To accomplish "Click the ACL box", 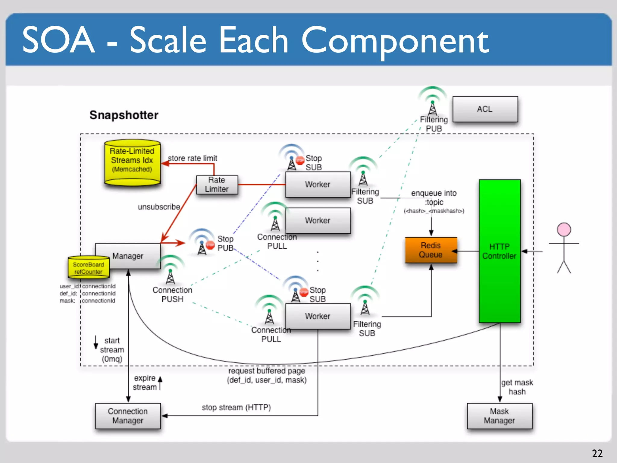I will click(x=485, y=109).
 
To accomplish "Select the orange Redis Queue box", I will click(x=431, y=250).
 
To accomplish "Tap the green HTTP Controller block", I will click(x=499, y=251).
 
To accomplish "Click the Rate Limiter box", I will click(x=217, y=184).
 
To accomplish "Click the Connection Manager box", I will click(x=128, y=416).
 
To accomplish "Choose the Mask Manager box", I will click(x=499, y=416).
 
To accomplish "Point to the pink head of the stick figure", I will click(x=564, y=230).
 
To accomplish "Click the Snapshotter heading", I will click(x=124, y=115).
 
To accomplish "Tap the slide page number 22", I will click(x=597, y=453).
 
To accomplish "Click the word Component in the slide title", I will click(x=395, y=41).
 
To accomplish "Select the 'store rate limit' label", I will click(x=192, y=158).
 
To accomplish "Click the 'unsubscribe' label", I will click(x=159, y=207).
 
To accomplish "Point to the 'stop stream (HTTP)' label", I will click(x=236, y=408).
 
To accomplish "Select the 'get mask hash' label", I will click(x=517, y=387).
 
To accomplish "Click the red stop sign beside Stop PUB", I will click(x=210, y=245).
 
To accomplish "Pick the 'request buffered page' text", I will click(x=267, y=371).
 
